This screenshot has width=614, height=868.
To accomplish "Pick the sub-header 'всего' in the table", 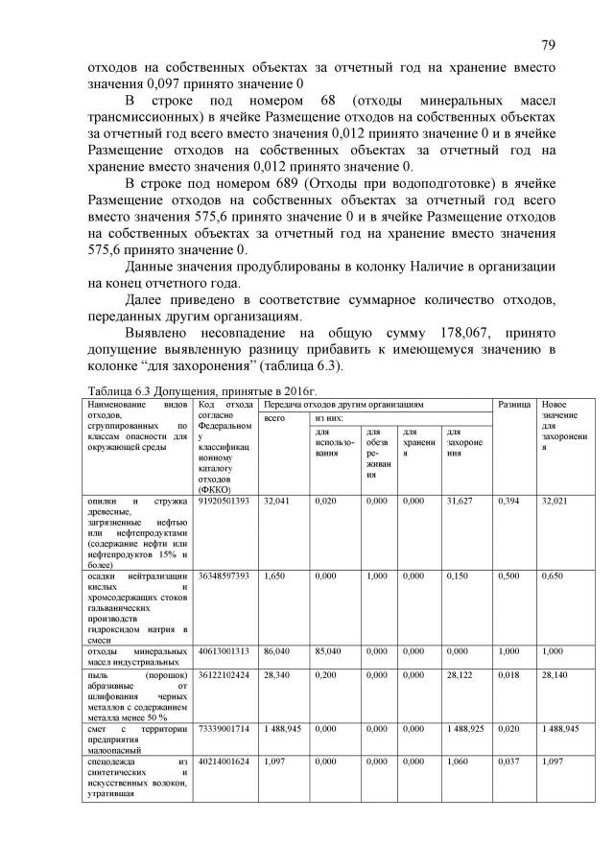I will click(275, 419).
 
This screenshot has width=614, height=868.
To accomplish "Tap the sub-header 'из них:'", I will click(329, 419).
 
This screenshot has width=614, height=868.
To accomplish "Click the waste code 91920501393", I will click(224, 501).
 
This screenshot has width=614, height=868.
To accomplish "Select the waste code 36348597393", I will click(224, 575).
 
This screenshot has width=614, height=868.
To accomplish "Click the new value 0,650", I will click(554, 575).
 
